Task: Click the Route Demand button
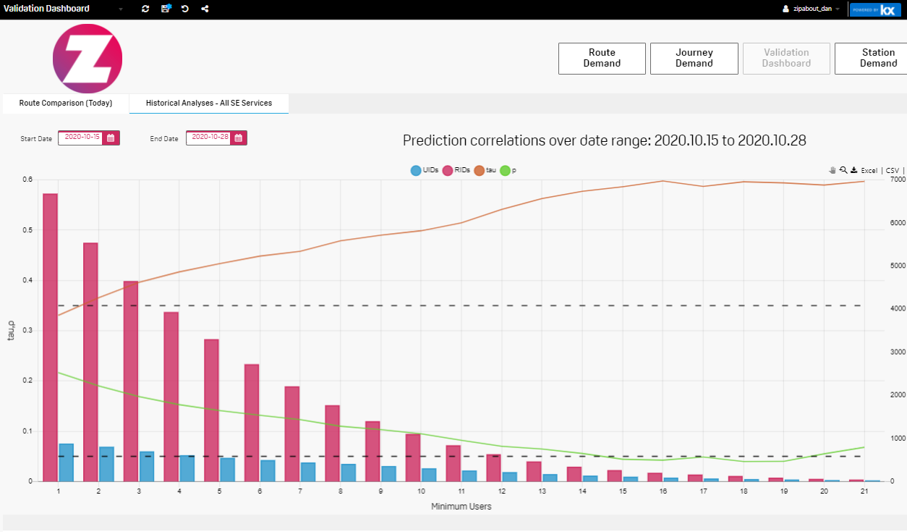coord(602,58)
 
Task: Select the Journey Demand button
coord(694,58)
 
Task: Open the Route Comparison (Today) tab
coord(66,104)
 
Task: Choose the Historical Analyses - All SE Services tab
coord(209,104)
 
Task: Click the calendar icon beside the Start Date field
coord(111,138)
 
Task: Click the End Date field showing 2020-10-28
coord(208,138)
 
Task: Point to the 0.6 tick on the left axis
coord(27,180)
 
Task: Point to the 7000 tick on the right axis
coord(877,180)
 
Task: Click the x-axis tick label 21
coord(865,491)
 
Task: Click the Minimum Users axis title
coord(461,507)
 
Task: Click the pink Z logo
coord(88,59)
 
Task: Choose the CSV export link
coord(892,171)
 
